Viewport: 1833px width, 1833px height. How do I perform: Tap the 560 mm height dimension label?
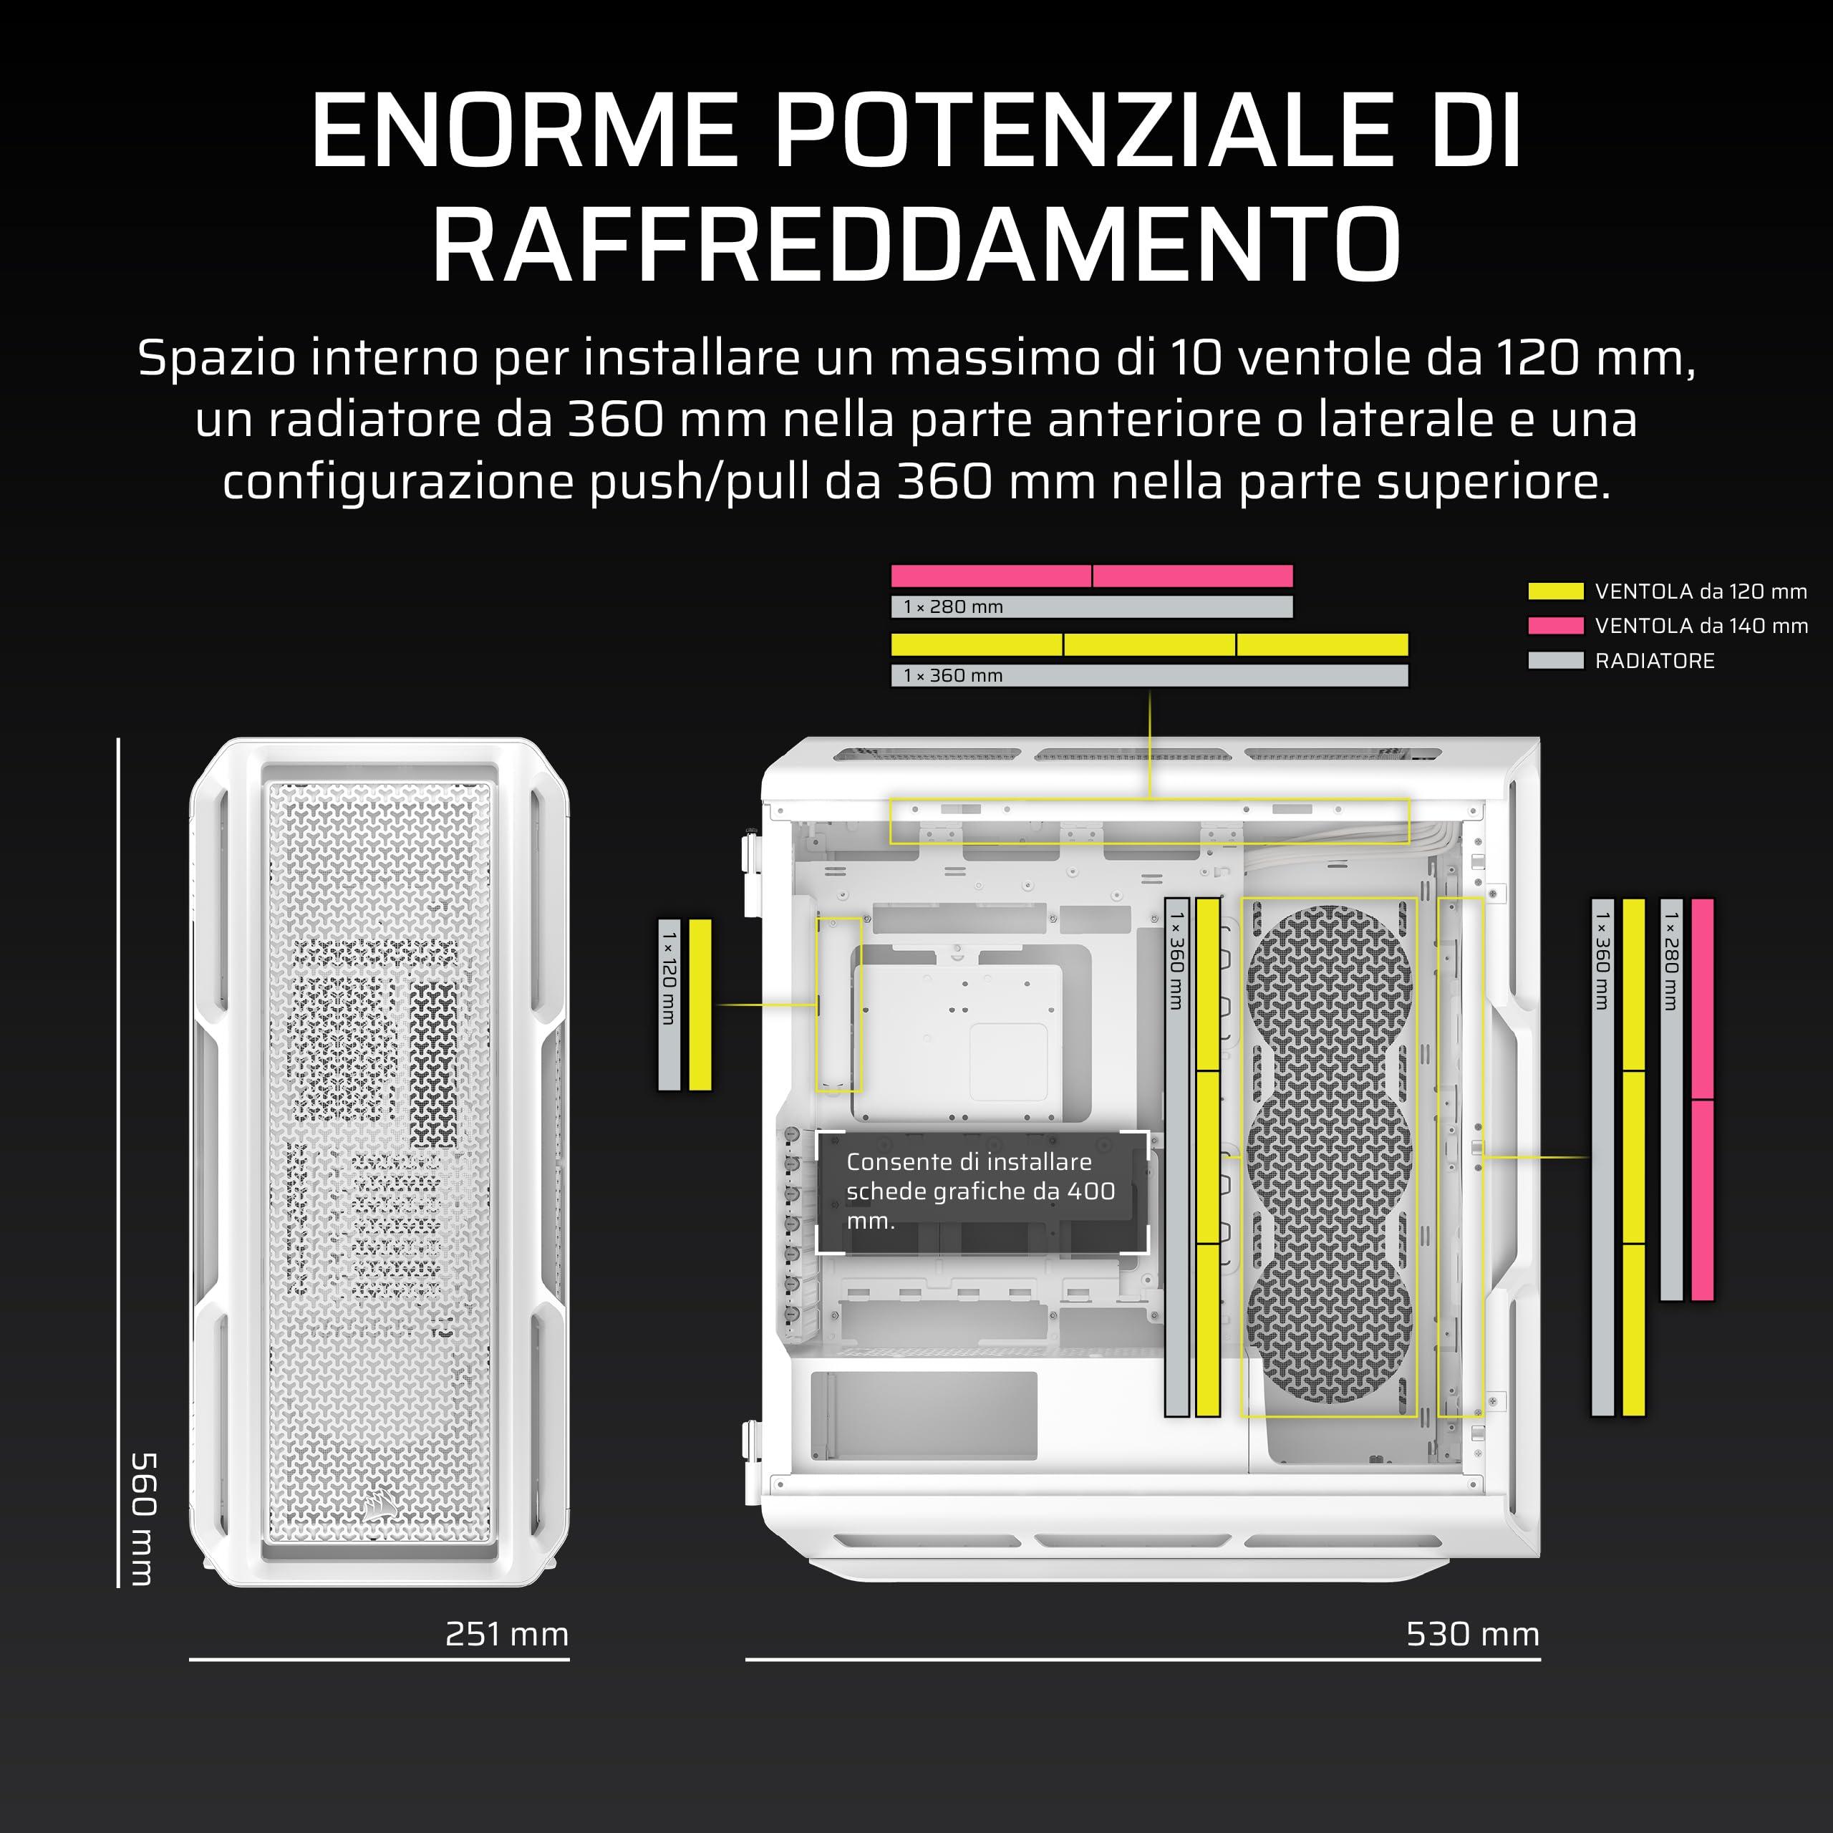click(x=142, y=1518)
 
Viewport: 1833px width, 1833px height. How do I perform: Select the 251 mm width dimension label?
click(x=507, y=1634)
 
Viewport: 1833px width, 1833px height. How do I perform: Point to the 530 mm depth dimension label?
click(x=1472, y=1634)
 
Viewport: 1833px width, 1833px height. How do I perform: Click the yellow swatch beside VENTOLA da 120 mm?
click(x=1556, y=591)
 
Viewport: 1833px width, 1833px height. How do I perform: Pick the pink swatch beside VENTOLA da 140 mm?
click(x=1556, y=625)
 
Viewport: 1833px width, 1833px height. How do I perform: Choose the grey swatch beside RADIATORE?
click(x=1556, y=660)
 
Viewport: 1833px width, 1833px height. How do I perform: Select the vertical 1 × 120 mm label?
click(x=669, y=977)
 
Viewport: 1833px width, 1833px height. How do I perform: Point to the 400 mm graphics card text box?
click(x=982, y=1191)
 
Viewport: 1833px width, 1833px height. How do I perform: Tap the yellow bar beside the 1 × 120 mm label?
click(x=700, y=1005)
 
